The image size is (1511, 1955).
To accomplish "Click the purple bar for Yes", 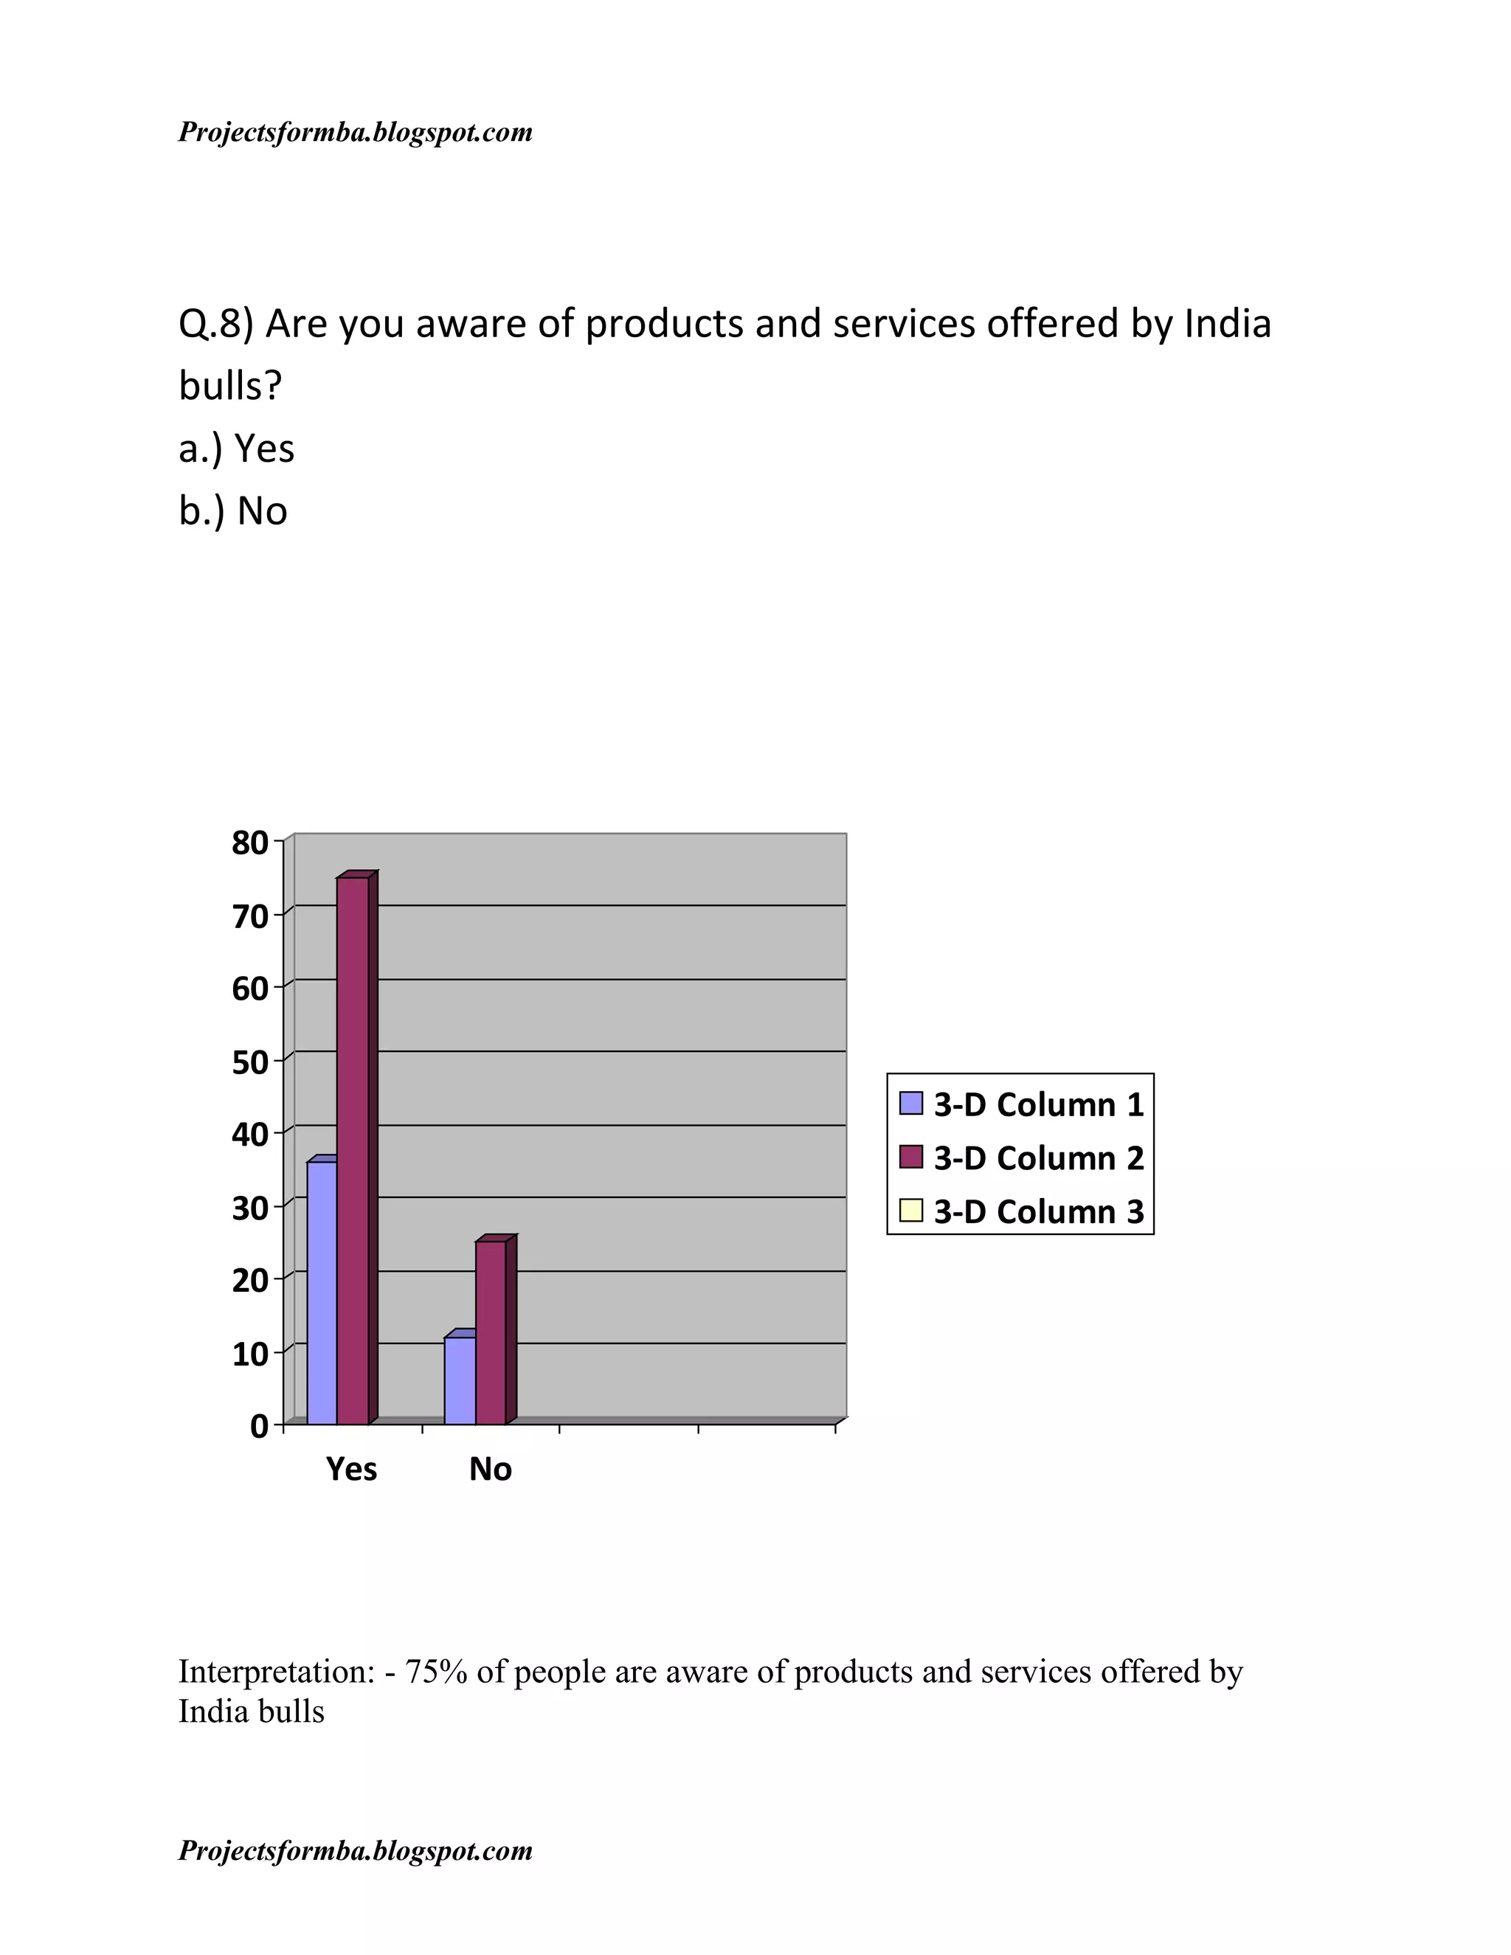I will point(353,1150).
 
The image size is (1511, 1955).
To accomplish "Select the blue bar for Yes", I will point(322,1293).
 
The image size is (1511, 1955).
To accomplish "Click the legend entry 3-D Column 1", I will point(1023,1104).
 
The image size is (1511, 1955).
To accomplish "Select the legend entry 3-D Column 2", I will point(1023,1158).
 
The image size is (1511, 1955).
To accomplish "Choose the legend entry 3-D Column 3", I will point(1023,1211).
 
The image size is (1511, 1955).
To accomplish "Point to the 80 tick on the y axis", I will point(251,842).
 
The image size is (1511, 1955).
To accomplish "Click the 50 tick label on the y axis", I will point(251,1062).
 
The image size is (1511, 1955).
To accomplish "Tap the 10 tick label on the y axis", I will point(251,1354).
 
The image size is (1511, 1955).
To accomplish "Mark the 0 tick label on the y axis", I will point(260,1426).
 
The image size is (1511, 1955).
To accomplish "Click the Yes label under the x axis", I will point(352,1469).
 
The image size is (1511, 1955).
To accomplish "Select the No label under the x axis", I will point(491,1469).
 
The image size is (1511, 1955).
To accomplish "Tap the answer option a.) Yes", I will point(236,449).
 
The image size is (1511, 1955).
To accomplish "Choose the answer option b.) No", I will point(232,511).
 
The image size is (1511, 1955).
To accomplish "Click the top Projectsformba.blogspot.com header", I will point(356,133).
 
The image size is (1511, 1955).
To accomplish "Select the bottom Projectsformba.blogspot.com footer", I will point(356,1850).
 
